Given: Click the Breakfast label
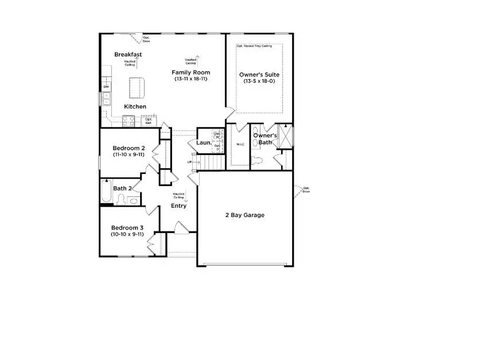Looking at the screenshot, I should click(x=128, y=55).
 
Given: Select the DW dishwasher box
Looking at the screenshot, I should click(x=106, y=87).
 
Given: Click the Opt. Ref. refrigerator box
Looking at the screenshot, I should click(x=148, y=121).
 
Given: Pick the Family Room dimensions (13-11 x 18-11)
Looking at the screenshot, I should click(x=191, y=79).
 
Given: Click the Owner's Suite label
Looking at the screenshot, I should click(x=259, y=74).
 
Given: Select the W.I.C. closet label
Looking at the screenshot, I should click(x=240, y=144).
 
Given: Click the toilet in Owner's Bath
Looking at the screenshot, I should click(x=256, y=159).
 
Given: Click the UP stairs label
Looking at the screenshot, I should click(x=190, y=162).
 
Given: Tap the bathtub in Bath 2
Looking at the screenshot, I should click(x=106, y=192).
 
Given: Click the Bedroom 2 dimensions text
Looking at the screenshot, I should click(x=128, y=154).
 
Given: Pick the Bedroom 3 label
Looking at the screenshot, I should click(x=127, y=227).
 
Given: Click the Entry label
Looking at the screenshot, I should click(x=178, y=206).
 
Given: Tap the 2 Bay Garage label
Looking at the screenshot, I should click(x=244, y=215).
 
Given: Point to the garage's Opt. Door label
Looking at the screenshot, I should click(x=306, y=189).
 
